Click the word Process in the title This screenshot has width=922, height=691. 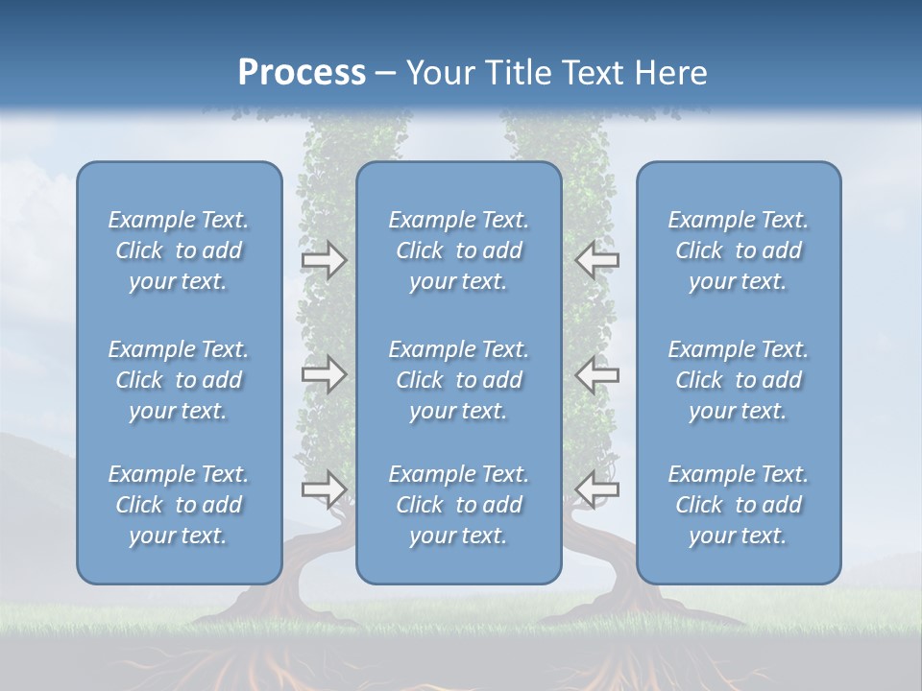coord(302,73)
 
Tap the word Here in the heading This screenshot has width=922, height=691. coord(668,73)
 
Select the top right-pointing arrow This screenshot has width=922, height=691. coord(324,260)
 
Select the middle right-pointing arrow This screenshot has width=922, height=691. coord(324,374)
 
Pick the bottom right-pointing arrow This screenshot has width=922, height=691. coord(324,488)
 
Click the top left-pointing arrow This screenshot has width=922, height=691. coord(596,260)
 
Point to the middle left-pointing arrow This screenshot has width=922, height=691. coord(596,374)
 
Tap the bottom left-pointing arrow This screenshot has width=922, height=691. coord(596,488)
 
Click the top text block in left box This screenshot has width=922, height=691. coord(179,250)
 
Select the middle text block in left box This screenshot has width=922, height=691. coord(179,380)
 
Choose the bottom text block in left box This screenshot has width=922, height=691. coord(179,505)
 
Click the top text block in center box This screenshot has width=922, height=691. coord(458,250)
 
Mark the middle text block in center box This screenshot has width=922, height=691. coord(458,380)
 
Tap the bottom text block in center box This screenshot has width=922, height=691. coord(458,505)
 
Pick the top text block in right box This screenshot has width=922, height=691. coord(738,250)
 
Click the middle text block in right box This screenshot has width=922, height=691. coord(738,380)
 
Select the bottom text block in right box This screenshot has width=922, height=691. coord(738,505)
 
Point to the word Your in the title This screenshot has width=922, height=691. coord(438,73)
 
